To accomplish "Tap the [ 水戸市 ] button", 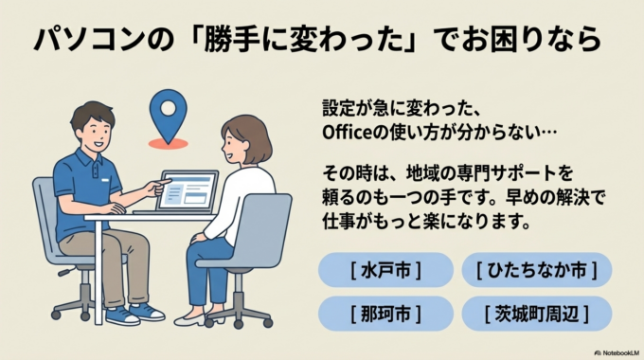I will click(385, 270).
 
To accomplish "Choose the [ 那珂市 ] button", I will click(385, 313).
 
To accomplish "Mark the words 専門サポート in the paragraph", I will click(525, 174).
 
